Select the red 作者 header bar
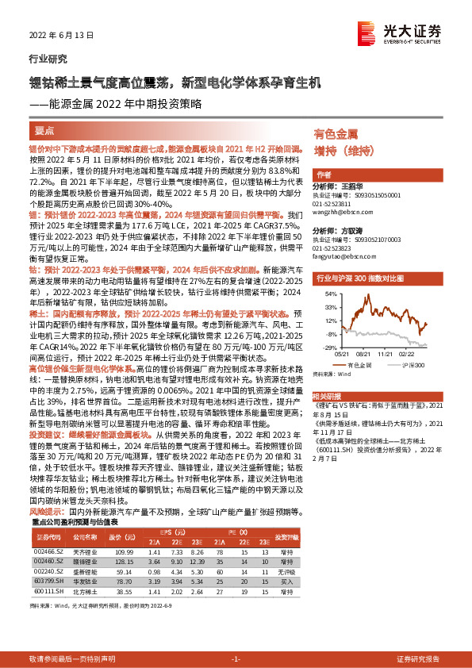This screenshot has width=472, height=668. click(324, 174)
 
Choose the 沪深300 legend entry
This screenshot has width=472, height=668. click(409, 364)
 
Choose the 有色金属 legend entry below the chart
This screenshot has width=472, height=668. click(359, 364)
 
